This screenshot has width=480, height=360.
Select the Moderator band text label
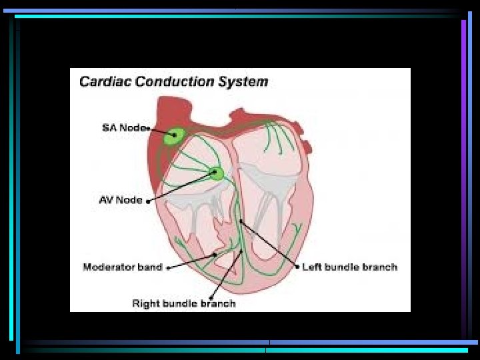[x=123, y=267]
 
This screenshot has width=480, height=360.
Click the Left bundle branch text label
[x=349, y=267]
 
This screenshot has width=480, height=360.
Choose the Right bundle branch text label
[x=184, y=303]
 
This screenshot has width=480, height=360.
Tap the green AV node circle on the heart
[x=217, y=174]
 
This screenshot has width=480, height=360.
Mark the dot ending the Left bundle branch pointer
[x=297, y=267]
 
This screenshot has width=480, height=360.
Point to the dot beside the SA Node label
[x=147, y=128]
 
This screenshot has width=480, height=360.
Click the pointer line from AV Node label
[x=180, y=187]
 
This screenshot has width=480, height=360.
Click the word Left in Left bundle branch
[x=311, y=267]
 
